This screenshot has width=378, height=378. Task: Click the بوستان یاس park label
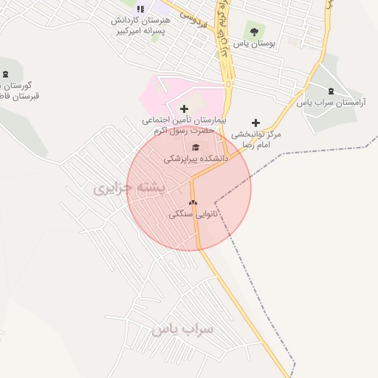point(254,44)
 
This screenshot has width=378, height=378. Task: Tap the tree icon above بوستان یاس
point(254,32)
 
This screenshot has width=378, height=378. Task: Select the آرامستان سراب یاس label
point(331,103)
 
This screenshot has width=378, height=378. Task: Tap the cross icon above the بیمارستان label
point(184,109)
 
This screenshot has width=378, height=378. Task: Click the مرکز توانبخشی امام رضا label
point(256,140)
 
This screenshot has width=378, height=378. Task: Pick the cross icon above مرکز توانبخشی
point(256,123)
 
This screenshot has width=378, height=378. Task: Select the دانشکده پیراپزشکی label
point(196,158)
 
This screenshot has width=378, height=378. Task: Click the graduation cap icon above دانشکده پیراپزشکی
point(196,145)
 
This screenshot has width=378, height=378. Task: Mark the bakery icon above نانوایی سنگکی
point(193,202)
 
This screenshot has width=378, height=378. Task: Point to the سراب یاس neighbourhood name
point(182,329)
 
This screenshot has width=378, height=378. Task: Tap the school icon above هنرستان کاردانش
point(140,9)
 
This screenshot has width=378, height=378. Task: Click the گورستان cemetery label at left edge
point(20,91)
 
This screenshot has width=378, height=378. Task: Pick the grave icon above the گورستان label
point(7,74)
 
